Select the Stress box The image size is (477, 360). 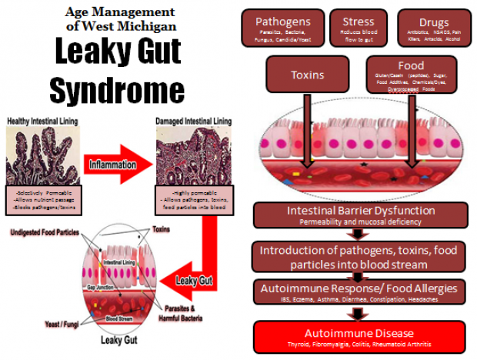(x=358, y=28)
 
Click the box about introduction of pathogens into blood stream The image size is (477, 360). (x=360, y=258)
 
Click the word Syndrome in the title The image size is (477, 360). (x=116, y=90)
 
